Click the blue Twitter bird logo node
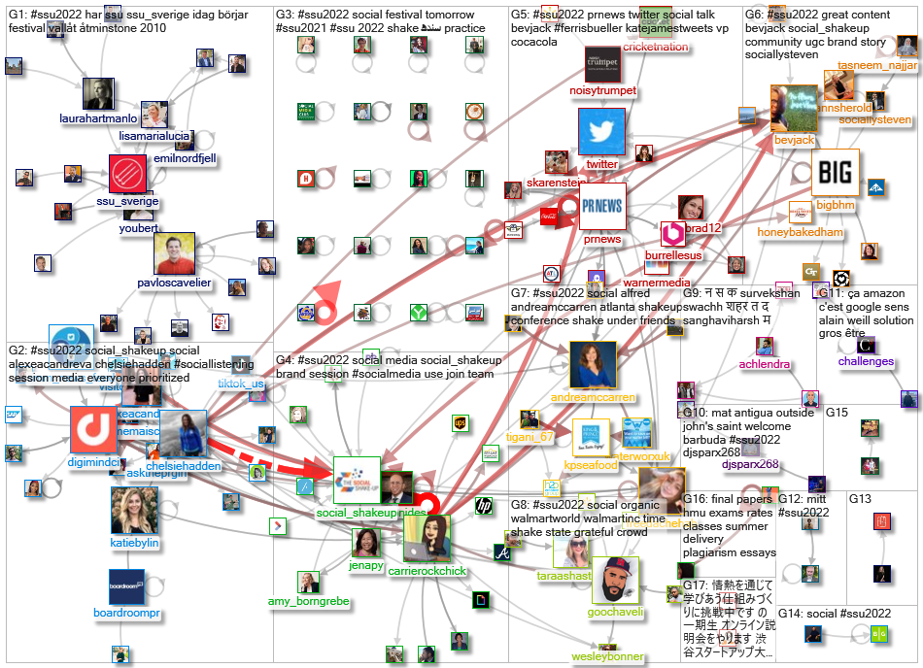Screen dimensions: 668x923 point(601,132)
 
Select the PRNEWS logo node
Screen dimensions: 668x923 point(601,206)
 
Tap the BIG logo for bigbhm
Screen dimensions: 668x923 point(836,173)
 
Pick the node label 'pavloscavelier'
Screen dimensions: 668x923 point(175,284)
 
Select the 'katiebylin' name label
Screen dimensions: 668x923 point(134,543)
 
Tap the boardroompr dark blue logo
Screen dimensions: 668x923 point(126,587)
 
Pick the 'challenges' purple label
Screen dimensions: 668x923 point(865,362)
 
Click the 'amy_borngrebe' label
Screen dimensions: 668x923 point(309,602)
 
